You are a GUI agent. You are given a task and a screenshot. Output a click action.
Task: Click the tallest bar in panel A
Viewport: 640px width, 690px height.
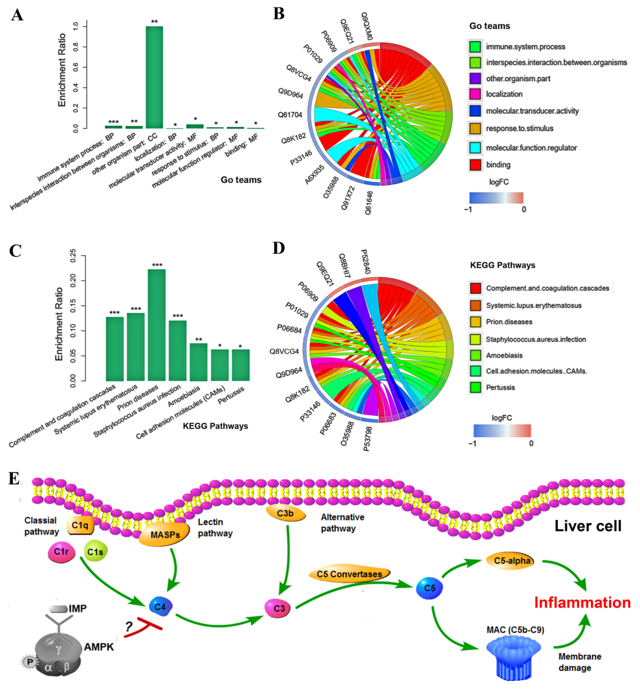point(154,77)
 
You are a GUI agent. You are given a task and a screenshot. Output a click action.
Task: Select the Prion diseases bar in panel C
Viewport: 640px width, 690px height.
point(156,325)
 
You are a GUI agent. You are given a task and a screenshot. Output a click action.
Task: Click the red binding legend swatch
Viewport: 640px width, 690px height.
point(475,165)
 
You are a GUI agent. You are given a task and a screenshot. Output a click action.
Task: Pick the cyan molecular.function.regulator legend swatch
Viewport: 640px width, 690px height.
point(475,148)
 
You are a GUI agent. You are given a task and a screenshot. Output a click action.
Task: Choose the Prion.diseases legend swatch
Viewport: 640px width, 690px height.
point(475,322)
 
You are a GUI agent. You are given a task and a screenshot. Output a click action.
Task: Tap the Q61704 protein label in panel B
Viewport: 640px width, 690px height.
point(290,115)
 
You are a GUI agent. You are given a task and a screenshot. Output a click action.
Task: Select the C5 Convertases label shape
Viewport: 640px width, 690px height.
point(349,574)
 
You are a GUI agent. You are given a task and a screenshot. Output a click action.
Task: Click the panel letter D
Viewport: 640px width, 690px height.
point(279,248)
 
